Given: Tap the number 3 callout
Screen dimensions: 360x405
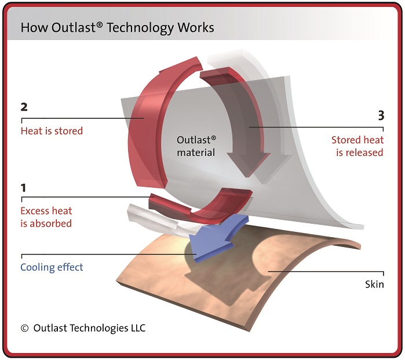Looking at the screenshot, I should [380, 115].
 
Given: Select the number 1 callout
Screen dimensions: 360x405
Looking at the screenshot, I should [24, 188].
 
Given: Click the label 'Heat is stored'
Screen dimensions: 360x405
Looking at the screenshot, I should [52, 131].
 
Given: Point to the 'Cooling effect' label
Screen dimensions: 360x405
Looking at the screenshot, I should [52, 267].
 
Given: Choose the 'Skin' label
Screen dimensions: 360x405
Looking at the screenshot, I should [374, 284].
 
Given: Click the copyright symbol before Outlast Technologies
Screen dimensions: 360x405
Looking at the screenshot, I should [24, 328].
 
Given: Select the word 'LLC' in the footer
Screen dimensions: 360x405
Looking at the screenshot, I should [135, 328].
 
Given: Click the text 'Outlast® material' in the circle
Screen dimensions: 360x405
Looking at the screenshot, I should [196, 146].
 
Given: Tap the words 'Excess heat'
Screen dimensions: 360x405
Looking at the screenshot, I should [46, 210].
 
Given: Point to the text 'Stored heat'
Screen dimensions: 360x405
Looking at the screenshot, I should [357, 140].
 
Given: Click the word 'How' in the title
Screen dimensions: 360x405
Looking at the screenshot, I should [31, 27].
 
